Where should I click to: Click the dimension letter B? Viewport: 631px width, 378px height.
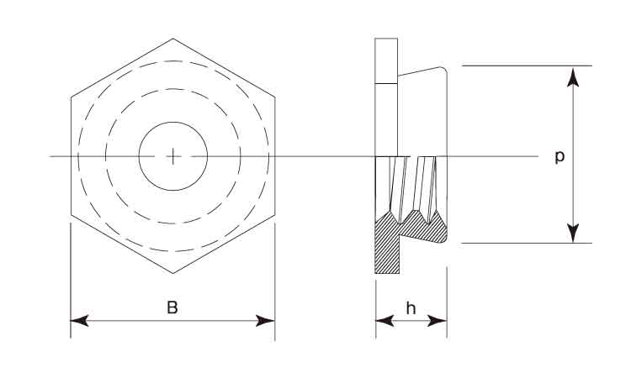tap(172, 307)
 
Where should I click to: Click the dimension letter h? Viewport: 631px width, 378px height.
tap(411, 308)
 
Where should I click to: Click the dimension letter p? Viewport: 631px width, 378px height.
tap(559, 157)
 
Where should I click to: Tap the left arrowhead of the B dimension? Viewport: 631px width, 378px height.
tap(79, 321)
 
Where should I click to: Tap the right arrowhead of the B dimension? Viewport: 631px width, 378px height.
tap(266, 321)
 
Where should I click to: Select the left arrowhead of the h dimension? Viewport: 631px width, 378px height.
tap(384, 321)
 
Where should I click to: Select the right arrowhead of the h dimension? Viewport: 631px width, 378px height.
tap(437, 321)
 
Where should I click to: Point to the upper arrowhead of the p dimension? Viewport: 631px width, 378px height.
tap(573, 77)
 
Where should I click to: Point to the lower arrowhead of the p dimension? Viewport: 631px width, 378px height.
tap(573, 233)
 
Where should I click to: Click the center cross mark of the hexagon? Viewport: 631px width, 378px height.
tap(173, 156)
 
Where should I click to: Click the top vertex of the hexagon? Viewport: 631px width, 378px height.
tap(173, 39)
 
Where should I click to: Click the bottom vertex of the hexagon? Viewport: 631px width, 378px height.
tap(173, 274)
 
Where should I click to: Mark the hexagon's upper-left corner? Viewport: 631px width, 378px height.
tap(72, 97)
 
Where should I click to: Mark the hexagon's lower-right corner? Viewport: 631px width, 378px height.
tap(275, 215)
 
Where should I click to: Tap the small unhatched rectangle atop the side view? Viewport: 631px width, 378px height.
tap(386, 61)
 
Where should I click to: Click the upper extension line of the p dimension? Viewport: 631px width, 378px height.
tap(527, 66)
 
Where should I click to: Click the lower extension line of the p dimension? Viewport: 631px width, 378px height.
tap(527, 243)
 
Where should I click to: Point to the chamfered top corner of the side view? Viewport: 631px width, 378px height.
tap(443, 70)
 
